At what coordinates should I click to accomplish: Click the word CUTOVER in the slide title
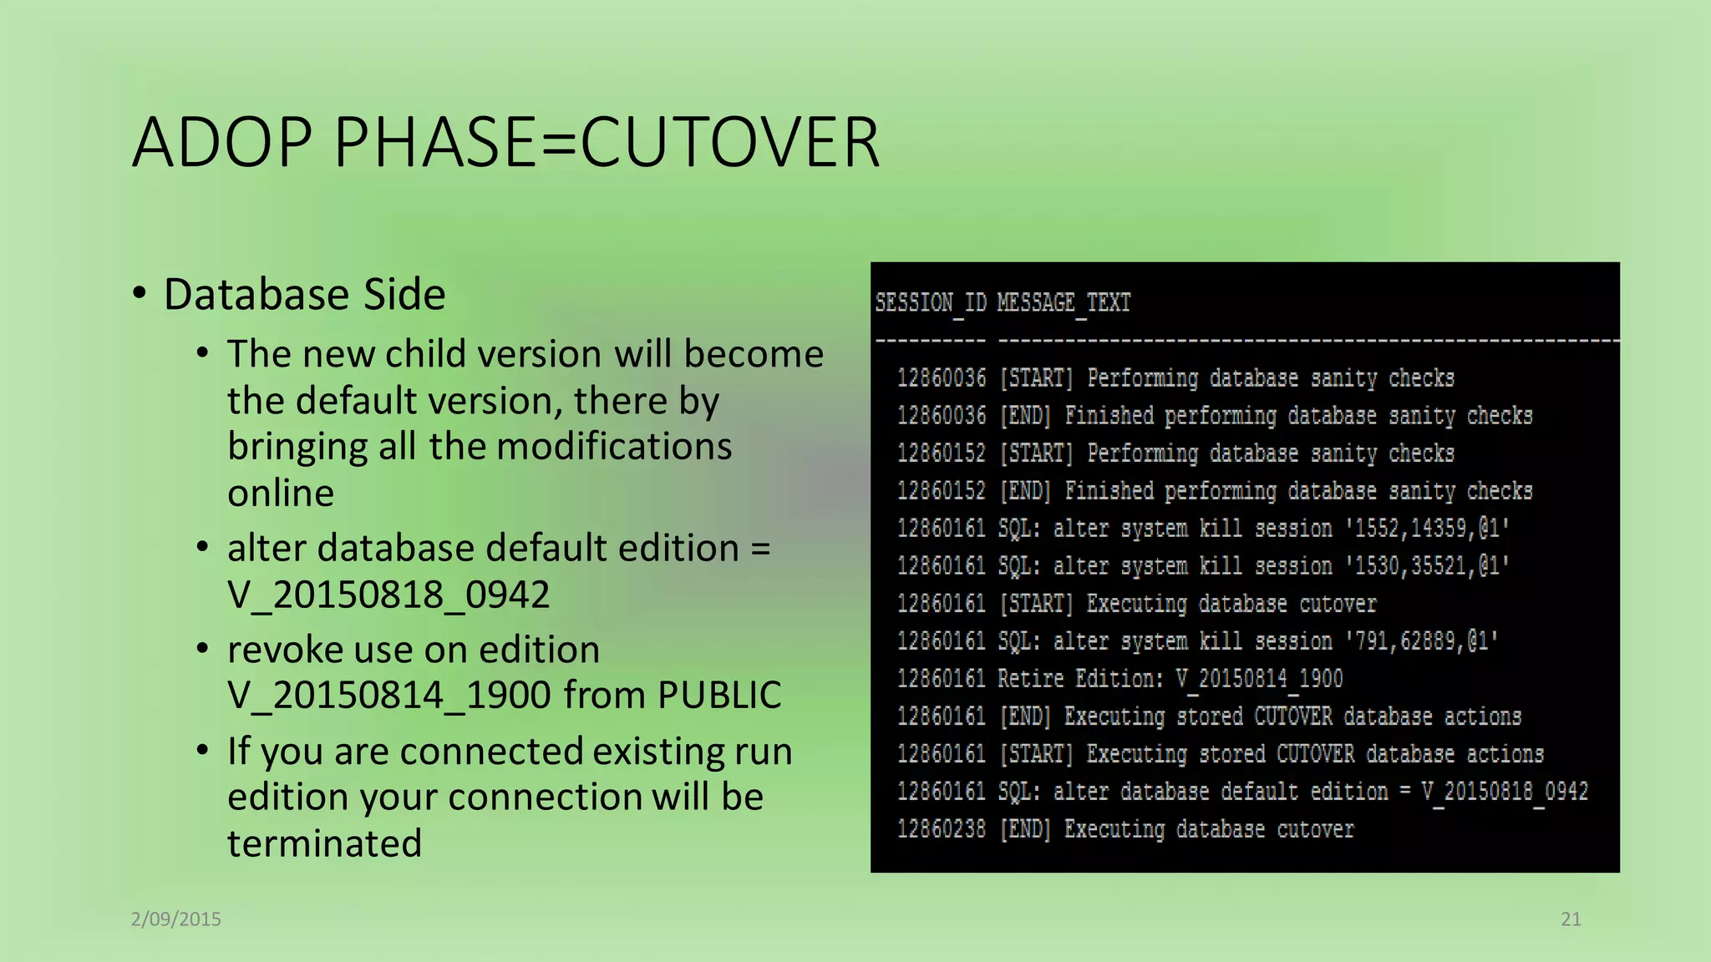(729, 143)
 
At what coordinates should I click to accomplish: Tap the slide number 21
(1571, 919)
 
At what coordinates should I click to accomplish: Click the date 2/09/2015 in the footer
(176, 919)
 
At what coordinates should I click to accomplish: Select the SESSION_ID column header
(931, 302)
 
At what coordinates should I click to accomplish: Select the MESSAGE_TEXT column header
(1064, 302)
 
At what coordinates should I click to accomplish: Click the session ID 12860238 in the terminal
(942, 829)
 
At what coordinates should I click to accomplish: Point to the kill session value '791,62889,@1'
(1421, 641)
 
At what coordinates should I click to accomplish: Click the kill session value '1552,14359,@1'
(1427, 529)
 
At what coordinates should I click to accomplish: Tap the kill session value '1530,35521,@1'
(1427, 566)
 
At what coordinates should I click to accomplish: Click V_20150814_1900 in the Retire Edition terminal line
(1259, 679)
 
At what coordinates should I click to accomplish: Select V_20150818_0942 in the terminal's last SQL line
(1505, 792)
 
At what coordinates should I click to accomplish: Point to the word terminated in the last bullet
(324, 843)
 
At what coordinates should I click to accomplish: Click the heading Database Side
(304, 294)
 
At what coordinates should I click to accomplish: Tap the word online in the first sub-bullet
(281, 493)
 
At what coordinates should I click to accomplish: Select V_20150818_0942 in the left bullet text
(388, 595)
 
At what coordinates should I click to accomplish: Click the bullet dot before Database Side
(140, 293)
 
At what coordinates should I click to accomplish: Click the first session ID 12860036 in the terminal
(942, 378)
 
